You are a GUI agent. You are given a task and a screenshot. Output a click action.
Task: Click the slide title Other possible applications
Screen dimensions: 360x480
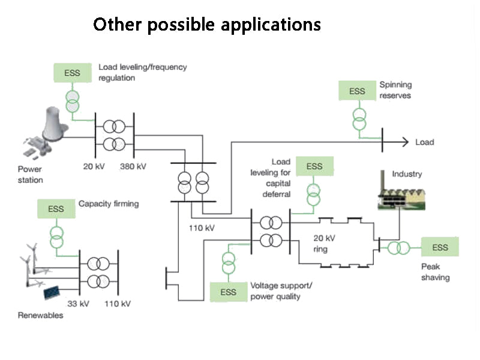tap(207, 25)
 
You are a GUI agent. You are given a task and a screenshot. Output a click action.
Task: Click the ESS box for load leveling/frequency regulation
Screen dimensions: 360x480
tap(72, 73)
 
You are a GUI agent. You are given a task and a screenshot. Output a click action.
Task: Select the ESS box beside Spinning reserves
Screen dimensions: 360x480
tap(357, 91)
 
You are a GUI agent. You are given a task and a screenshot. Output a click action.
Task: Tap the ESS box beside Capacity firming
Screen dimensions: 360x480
tap(56, 209)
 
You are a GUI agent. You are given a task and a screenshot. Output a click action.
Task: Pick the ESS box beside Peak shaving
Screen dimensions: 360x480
tap(440, 247)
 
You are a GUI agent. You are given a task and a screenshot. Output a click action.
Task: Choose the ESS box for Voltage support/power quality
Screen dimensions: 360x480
tap(228, 292)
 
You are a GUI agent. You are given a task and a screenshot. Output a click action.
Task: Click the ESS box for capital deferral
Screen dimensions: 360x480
tap(314, 166)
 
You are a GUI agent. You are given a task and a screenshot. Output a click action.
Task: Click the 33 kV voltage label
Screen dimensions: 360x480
tap(78, 304)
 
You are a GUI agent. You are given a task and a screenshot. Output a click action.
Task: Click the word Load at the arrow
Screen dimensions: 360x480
tap(424, 142)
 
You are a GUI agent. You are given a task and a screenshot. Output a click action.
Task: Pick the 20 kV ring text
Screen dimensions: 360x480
tap(324, 243)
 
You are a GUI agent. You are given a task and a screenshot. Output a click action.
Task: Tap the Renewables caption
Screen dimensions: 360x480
tap(40, 315)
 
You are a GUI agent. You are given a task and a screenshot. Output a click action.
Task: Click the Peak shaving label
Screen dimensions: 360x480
tap(435, 272)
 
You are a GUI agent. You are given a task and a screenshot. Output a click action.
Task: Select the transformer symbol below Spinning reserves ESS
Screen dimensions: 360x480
tap(359, 119)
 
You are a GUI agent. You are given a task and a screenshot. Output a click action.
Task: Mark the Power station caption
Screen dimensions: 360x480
tap(30, 174)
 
